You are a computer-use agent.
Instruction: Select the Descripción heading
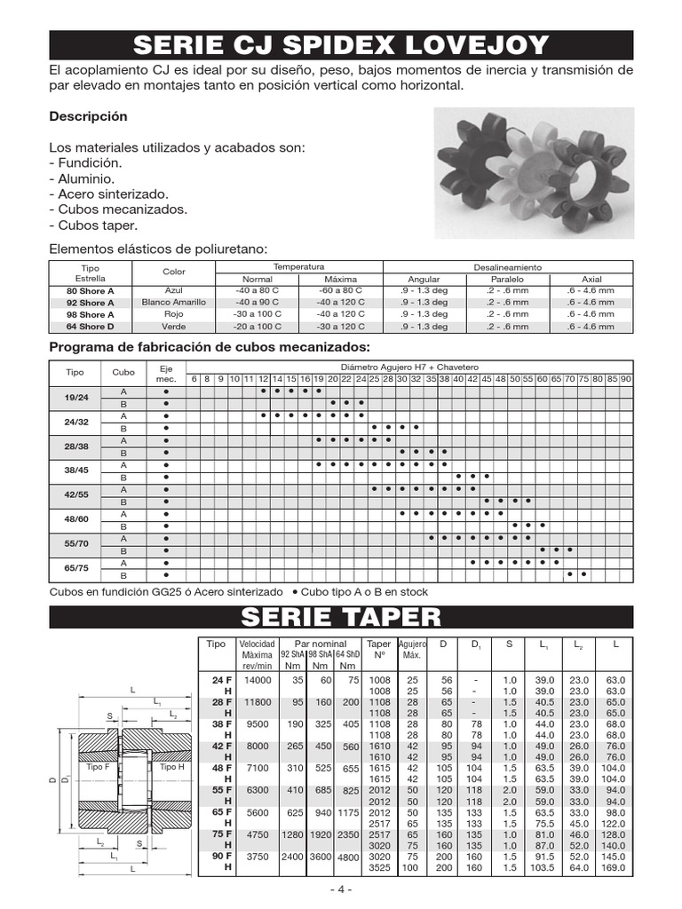coord(88,116)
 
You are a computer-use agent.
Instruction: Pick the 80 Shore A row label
coord(91,291)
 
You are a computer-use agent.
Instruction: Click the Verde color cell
coord(174,327)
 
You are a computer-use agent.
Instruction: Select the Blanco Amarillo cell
coord(174,303)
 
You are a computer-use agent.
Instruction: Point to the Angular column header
coord(423,279)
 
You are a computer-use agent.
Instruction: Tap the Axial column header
coord(591,279)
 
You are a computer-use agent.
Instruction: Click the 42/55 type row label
coord(77,496)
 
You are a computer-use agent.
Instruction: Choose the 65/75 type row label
coord(77,568)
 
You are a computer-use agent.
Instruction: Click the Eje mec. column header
coord(166,373)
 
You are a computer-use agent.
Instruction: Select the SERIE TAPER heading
coord(341,617)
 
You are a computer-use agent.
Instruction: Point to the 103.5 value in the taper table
coord(543,867)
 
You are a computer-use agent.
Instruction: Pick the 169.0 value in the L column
coord(615,867)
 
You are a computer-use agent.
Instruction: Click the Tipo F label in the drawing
coord(99,766)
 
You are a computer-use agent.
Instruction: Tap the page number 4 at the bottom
coord(340,889)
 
